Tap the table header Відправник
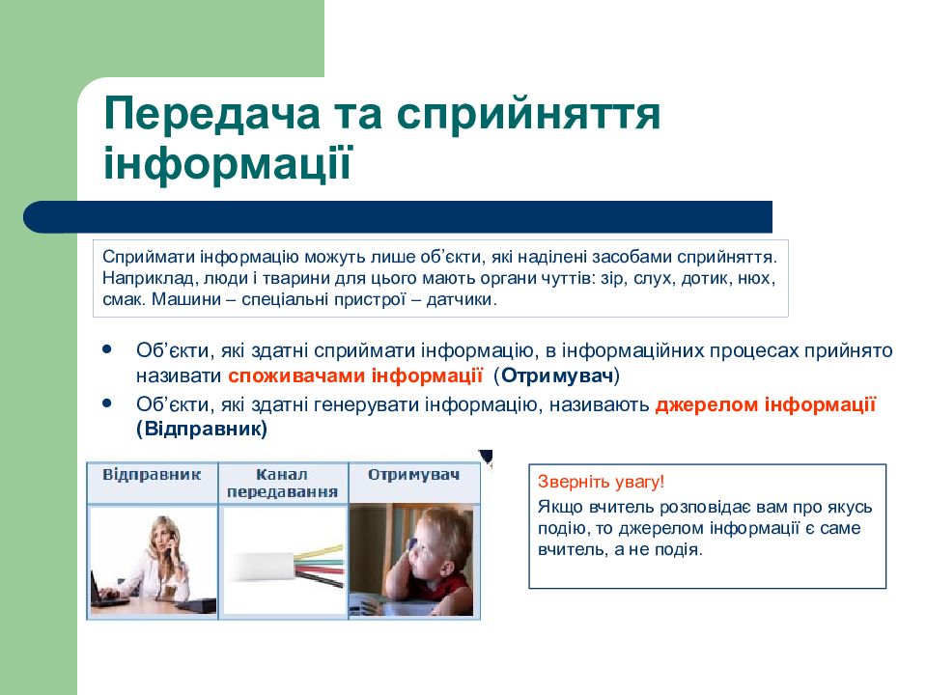tap(152, 475)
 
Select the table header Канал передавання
tap(283, 483)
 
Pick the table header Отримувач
tap(412, 475)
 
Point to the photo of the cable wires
tap(284, 561)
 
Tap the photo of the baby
tap(412, 560)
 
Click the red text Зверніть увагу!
tap(601, 482)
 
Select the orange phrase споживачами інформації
tap(355, 375)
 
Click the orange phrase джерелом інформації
tap(765, 404)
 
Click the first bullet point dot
tap(107, 348)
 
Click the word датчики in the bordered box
tap(462, 299)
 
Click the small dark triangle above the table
tap(487, 456)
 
